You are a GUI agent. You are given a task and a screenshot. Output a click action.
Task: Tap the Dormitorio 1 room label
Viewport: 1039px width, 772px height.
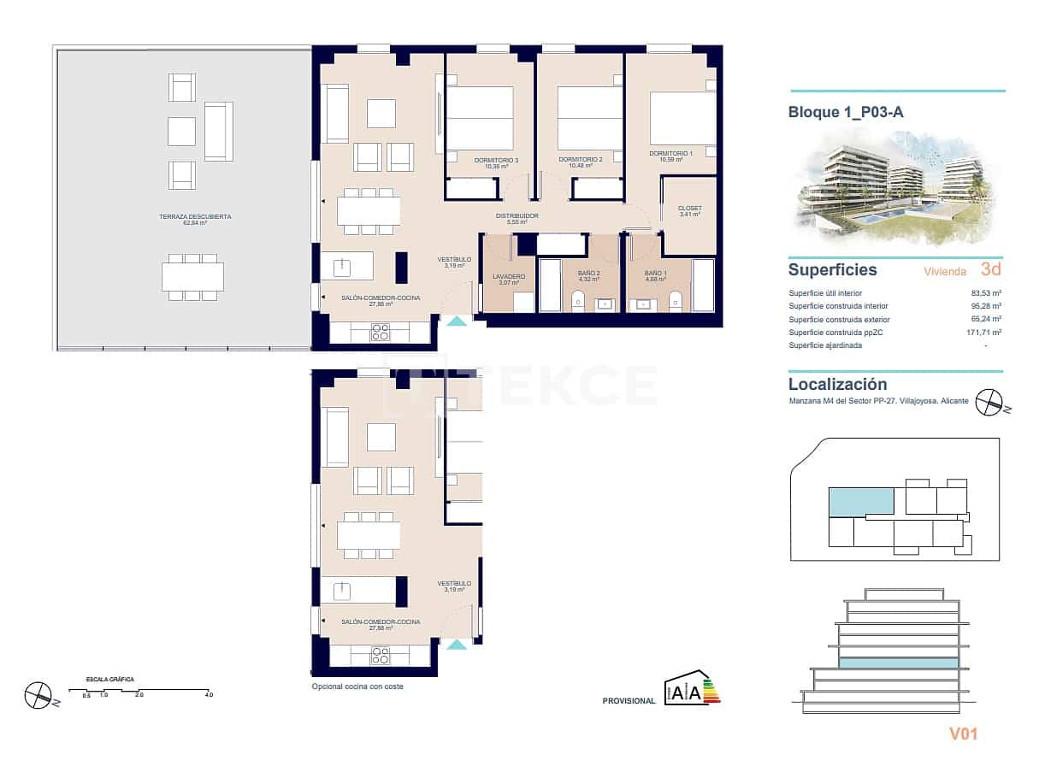tap(669, 155)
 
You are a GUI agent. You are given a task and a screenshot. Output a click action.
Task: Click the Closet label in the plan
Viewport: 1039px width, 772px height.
tap(689, 209)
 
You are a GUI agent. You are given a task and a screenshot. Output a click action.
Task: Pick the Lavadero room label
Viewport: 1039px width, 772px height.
tap(509, 276)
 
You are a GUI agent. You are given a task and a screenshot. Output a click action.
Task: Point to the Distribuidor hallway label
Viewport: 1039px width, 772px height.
tap(517, 216)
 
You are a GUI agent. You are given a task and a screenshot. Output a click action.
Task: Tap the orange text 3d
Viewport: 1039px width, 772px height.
tap(990, 270)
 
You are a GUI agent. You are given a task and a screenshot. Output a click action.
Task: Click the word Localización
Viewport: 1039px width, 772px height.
tap(837, 385)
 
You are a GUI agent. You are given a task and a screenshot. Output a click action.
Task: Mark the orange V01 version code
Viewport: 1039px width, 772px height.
tap(963, 734)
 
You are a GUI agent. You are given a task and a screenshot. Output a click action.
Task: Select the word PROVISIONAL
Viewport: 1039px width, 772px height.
tap(629, 701)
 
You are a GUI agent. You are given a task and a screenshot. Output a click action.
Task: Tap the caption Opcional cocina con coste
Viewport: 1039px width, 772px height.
tap(357, 687)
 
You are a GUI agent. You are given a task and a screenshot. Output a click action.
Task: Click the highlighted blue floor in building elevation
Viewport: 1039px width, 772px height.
tap(897, 663)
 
